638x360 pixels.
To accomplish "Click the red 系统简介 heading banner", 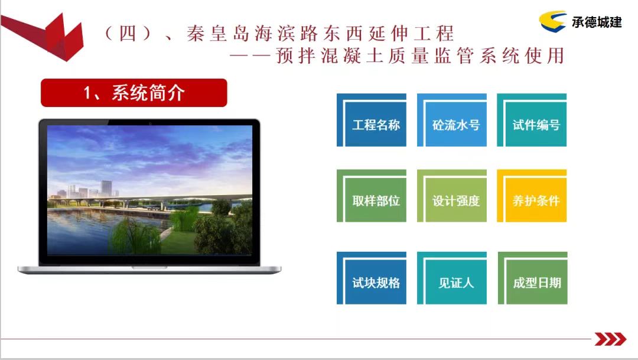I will (134, 93).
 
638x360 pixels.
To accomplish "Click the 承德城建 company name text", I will (597, 22).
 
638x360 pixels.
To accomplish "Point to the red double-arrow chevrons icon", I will (610, 339).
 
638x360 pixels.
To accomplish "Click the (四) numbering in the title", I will (127, 33).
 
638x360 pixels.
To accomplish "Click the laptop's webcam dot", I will (149, 122).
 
